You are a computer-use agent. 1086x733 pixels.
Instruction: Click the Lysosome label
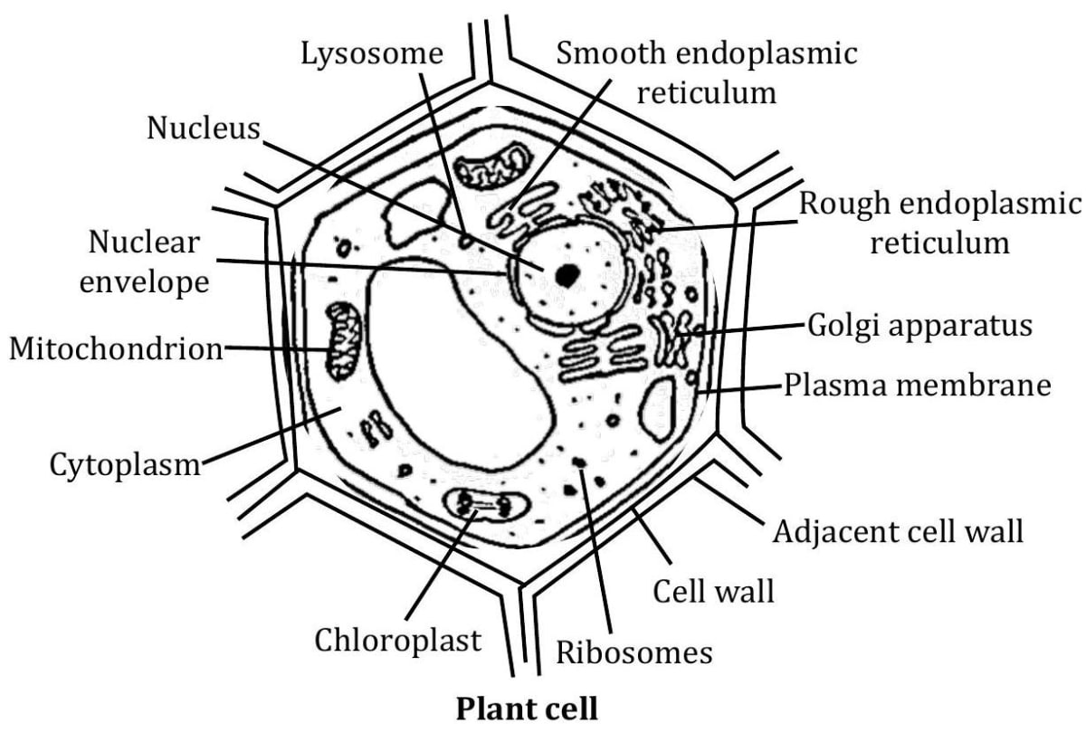tap(372, 55)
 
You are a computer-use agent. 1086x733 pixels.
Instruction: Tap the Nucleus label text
tap(203, 129)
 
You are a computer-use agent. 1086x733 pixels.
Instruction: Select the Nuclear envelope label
tap(145, 262)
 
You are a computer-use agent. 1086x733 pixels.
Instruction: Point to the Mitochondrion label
tap(115, 347)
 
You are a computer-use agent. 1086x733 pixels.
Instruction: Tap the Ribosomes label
tap(634, 652)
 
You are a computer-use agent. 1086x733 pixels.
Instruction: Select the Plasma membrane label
tap(917, 386)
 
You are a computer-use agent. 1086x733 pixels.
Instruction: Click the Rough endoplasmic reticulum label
tap(938, 223)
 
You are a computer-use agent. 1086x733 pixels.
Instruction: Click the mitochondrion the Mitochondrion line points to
tap(343, 341)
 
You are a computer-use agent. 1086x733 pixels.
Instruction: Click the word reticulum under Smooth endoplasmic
tap(707, 92)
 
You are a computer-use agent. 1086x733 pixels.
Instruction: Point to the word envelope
tap(145, 281)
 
